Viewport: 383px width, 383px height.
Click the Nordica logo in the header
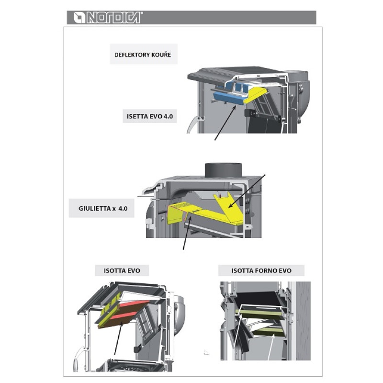[x=106, y=18]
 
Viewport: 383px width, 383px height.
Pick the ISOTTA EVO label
[x=122, y=270]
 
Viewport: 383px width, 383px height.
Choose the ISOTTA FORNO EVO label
[x=261, y=270]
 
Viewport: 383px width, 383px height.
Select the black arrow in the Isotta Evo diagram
[x=118, y=340]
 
